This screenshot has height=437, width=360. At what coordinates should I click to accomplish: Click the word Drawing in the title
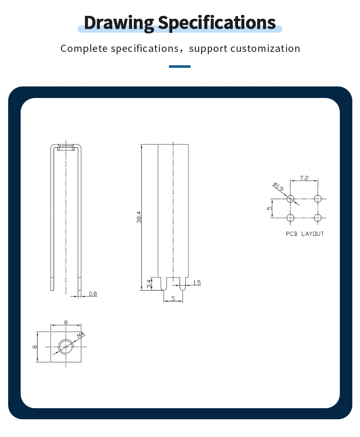click(x=119, y=23)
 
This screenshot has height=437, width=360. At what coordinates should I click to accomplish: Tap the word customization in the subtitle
click(x=265, y=49)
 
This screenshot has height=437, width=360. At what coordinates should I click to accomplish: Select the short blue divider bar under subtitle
click(x=180, y=66)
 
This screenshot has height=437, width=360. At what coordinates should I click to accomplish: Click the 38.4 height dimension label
click(x=139, y=217)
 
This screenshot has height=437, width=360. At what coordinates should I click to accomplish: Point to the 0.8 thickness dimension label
click(x=93, y=293)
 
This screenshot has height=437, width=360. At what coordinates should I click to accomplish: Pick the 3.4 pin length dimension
click(x=149, y=283)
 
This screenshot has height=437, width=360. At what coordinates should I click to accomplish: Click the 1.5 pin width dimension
click(x=197, y=283)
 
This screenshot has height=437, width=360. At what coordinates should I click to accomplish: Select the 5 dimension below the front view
click(x=173, y=298)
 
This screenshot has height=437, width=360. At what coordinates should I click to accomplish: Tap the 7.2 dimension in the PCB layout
click(x=304, y=178)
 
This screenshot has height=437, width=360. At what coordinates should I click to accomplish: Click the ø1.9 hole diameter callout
click(x=277, y=186)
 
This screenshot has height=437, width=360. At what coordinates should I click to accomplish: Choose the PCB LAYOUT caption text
click(x=305, y=234)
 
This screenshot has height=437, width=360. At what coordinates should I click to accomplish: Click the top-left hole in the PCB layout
click(x=290, y=199)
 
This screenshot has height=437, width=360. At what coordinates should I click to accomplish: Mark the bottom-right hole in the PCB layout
click(x=317, y=218)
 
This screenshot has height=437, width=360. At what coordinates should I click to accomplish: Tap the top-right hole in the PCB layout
click(x=317, y=199)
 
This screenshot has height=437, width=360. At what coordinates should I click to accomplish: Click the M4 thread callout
click(x=80, y=334)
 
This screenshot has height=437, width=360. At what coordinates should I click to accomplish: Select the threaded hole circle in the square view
click(x=66, y=346)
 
